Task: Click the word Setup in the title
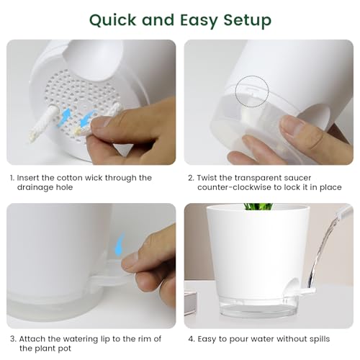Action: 248,20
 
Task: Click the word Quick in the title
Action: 112,20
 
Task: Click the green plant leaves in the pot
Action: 258,207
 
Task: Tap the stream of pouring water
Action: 322,250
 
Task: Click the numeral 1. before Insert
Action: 12,178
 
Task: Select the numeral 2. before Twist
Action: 191,178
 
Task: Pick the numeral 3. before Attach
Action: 13,339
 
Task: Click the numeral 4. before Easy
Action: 192,339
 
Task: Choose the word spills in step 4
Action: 320,339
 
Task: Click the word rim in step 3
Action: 145,339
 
